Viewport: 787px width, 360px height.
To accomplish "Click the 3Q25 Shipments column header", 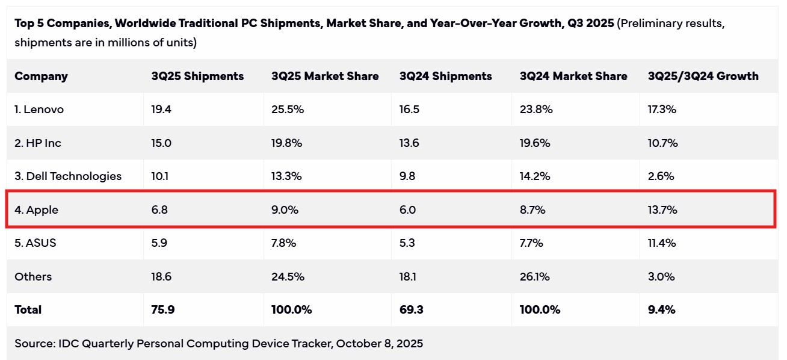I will click(197, 76).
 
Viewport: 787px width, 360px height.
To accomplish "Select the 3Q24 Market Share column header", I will click(573, 76).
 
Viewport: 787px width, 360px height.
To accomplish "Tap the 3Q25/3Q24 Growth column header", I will click(703, 76).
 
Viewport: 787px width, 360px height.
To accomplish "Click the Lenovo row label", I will click(39, 110).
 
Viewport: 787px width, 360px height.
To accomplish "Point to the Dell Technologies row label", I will click(68, 176).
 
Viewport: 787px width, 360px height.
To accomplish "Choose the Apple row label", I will click(37, 210).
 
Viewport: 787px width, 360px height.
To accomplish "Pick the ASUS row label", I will click(35, 243).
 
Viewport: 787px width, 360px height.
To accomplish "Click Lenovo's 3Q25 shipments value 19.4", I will click(161, 110).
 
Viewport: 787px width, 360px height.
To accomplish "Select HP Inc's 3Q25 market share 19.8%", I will click(286, 143).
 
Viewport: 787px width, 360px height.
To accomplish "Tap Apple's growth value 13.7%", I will click(662, 210).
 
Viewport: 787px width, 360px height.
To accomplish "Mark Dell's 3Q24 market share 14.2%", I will click(536, 176).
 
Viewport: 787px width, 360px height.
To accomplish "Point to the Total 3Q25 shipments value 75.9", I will click(162, 310).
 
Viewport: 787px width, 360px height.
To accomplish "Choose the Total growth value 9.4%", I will click(661, 310).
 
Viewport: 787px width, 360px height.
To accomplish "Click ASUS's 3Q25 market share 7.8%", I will click(285, 243).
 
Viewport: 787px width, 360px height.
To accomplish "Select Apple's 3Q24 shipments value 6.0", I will click(407, 210).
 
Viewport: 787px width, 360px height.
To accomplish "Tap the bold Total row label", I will click(28, 310).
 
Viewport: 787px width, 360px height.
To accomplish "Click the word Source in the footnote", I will click(34, 344).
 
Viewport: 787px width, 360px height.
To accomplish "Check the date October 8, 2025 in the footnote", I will click(380, 344).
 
